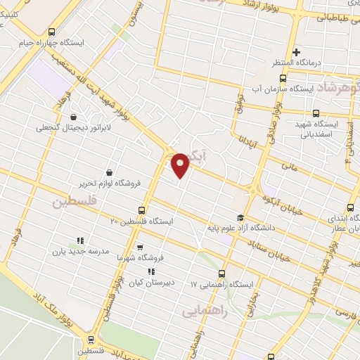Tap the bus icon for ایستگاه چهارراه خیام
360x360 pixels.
point(51,32)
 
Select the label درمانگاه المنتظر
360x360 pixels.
point(297,63)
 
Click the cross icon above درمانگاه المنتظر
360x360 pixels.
point(297,51)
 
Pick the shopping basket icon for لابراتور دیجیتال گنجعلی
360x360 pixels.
point(73,117)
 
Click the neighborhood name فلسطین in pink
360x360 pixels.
point(71,203)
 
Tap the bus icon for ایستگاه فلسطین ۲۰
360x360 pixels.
point(143,210)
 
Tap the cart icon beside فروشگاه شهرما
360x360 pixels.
point(140,247)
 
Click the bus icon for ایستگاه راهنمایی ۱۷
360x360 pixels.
point(222,274)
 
